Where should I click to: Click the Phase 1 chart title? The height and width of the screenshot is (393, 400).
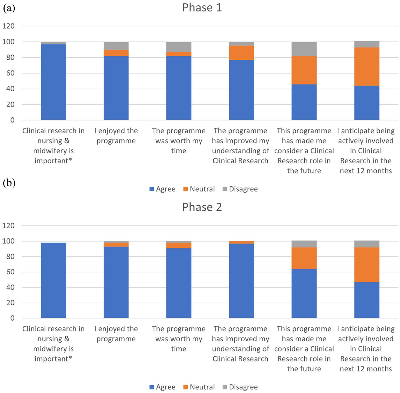click(x=202, y=7)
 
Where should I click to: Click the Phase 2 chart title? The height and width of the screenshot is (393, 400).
click(x=202, y=207)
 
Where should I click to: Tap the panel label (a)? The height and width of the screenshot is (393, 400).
click(x=9, y=8)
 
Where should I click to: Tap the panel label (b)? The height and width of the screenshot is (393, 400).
click(x=9, y=183)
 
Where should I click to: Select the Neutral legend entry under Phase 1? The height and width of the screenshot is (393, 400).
click(x=199, y=189)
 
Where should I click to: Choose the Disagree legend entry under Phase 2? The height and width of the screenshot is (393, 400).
click(x=240, y=387)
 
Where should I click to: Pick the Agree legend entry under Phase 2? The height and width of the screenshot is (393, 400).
click(x=163, y=387)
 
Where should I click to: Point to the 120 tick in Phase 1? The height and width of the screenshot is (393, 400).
click(x=8, y=26)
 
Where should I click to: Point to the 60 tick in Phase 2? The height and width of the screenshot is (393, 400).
click(x=11, y=272)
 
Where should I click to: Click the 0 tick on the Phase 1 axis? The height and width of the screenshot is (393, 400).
click(x=12, y=120)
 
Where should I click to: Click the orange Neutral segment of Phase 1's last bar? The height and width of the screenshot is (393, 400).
click(x=367, y=67)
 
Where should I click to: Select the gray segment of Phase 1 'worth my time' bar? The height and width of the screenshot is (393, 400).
click(x=179, y=47)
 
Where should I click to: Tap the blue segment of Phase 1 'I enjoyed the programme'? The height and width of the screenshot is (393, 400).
click(x=116, y=88)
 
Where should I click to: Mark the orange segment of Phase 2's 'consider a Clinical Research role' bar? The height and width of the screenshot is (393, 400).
click(x=304, y=258)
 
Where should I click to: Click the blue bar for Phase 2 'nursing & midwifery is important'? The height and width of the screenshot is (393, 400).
click(x=54, y=280)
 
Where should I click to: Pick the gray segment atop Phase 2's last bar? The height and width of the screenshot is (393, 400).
click(x=367, y=244)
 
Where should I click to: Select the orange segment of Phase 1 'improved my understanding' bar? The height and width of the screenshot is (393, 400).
click(x=242, y=53)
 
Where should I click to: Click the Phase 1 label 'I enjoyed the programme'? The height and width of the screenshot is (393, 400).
click(x=116, y=136)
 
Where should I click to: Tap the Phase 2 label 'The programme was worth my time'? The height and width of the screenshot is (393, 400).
click(x=179, y=338)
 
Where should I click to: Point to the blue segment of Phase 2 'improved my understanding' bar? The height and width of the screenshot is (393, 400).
click(x=242, y=281)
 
